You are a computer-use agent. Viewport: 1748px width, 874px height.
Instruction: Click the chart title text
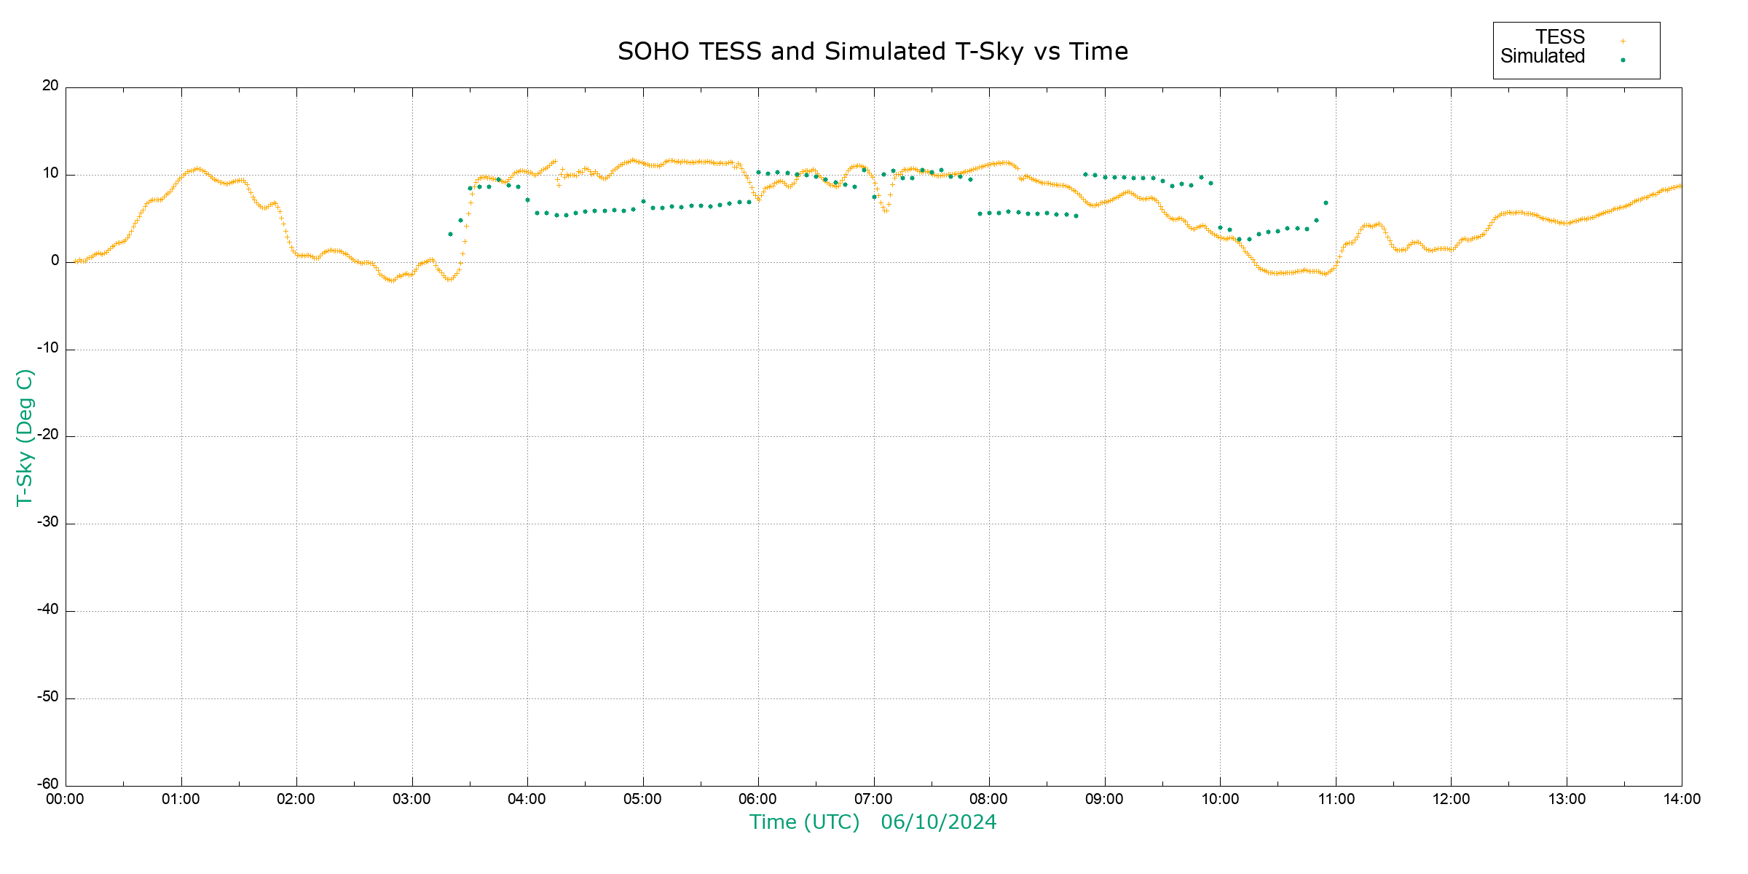873,52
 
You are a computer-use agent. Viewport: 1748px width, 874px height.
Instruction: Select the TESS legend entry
1560,37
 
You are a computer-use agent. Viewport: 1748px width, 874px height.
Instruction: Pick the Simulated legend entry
1543,57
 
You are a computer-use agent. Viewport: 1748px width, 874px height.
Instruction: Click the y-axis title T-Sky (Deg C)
25,437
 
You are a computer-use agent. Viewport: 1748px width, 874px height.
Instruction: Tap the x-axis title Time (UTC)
804,822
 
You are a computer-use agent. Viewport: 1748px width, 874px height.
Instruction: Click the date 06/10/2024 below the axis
938,822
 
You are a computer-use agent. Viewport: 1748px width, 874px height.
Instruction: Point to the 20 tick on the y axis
50,86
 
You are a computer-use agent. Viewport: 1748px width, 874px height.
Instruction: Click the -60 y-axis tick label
48,784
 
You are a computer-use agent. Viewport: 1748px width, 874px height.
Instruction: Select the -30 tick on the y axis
48,523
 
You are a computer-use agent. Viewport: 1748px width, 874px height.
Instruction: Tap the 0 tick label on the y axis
55,261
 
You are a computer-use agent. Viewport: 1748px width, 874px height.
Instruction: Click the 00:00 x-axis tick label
65,799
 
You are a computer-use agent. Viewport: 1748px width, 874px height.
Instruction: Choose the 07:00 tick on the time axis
873,799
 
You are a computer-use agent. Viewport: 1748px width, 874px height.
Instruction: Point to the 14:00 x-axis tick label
1682,799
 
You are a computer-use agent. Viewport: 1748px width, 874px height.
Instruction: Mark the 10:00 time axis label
1220,799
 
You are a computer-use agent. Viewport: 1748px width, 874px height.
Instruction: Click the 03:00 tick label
412,799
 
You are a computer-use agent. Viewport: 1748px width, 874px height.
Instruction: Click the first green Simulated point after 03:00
450,235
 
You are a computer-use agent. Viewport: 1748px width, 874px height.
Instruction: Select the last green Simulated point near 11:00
1326,203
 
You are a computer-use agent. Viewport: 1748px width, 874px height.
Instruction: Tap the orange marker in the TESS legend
1623,42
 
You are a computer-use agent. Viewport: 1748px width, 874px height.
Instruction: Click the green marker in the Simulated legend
1623,60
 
